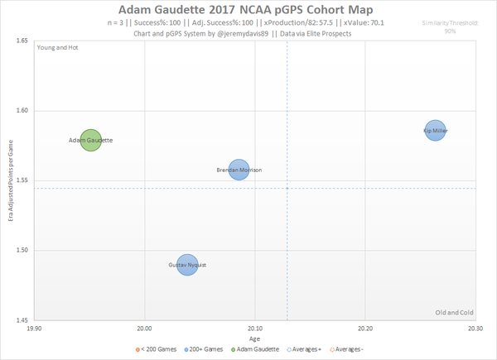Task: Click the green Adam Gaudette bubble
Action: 91,141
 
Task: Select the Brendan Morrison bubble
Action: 239,170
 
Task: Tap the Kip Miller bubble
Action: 436,130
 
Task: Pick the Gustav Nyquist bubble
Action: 187,265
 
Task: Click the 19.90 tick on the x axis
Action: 34,329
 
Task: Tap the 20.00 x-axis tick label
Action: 144,329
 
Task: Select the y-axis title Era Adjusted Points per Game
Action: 11,180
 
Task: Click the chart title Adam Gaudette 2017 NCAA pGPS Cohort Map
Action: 248,9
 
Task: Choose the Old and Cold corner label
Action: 453,312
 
